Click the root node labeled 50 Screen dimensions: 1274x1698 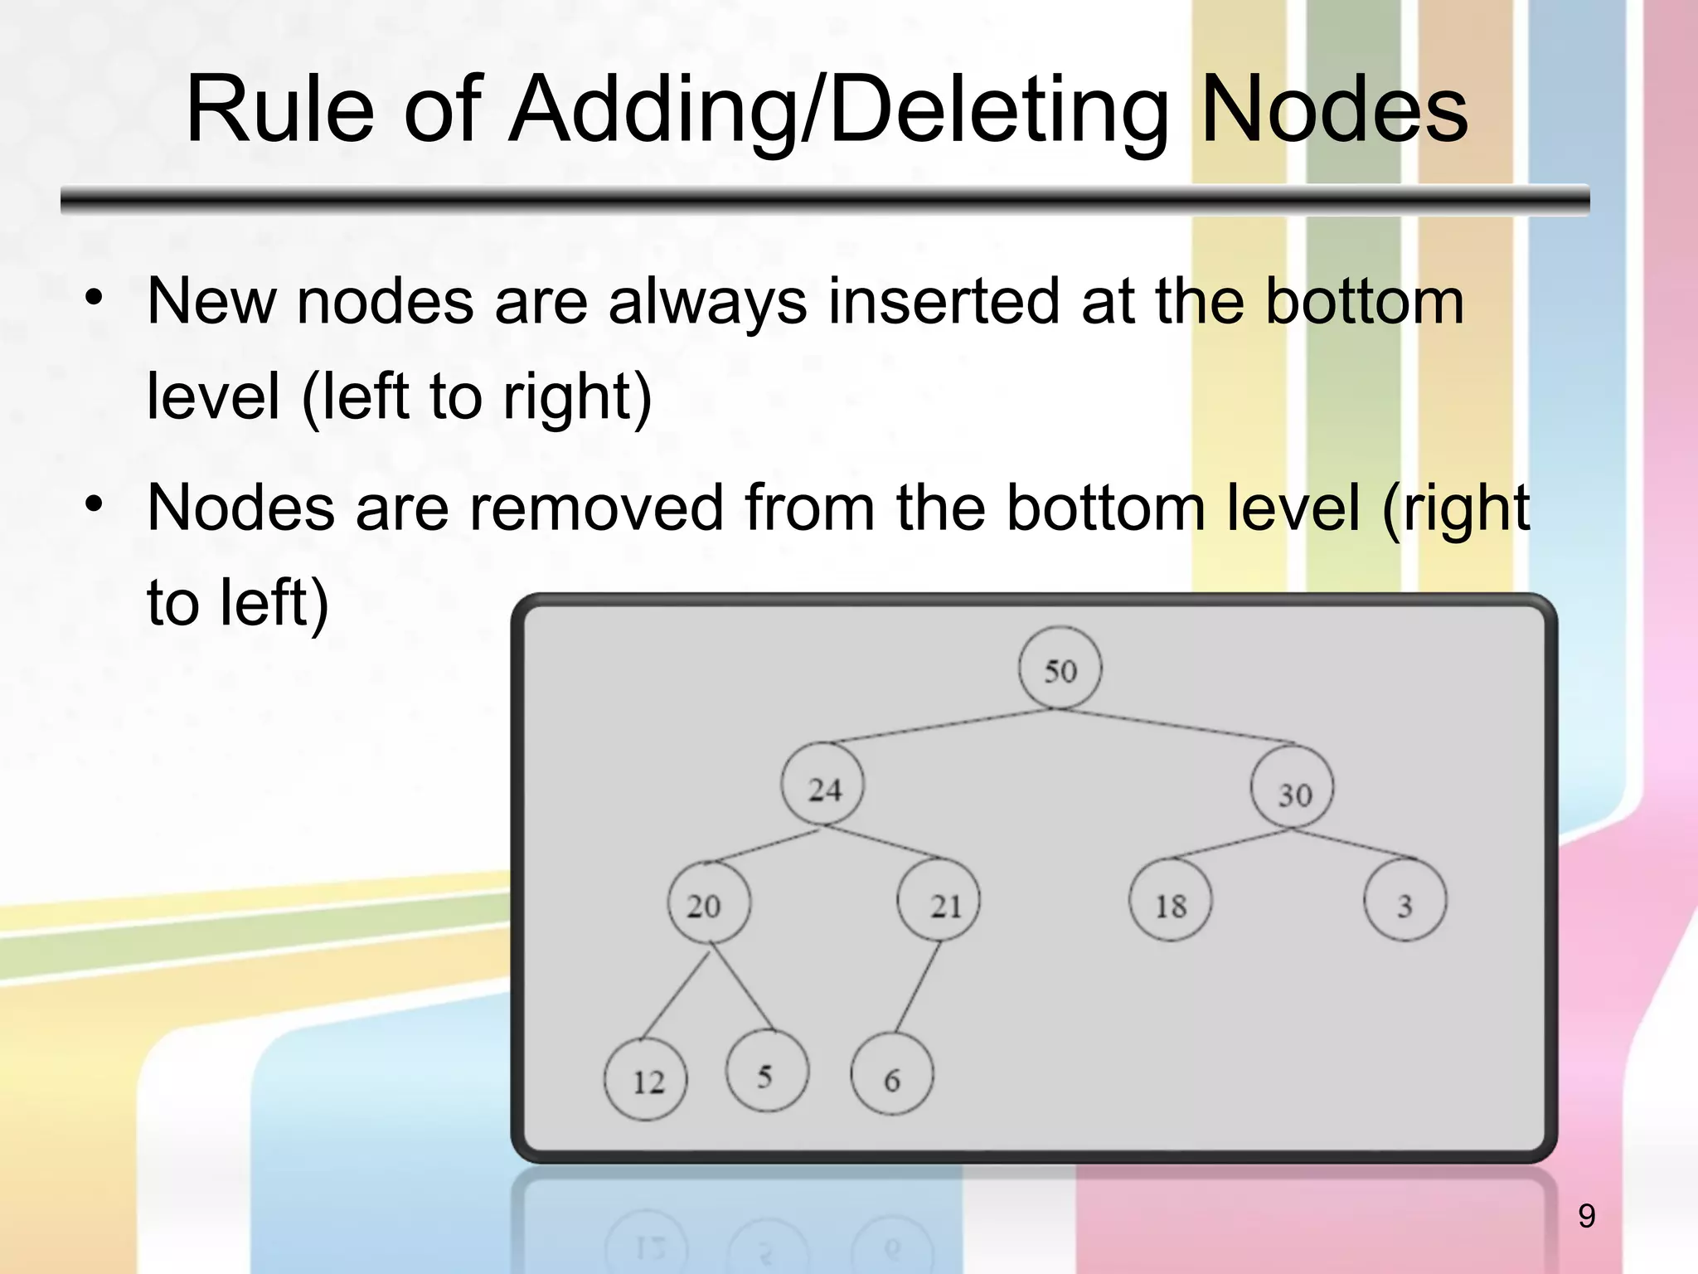point(1060,669)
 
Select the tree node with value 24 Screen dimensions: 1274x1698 point(822,785)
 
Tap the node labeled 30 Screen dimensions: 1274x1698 point(1293,789)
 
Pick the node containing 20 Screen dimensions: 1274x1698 point(709,902)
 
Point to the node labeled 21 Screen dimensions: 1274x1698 point(939,902)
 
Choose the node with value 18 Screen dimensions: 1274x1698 point(1170,902)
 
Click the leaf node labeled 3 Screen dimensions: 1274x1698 point(1404,902)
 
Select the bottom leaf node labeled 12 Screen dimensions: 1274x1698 point(646,1079)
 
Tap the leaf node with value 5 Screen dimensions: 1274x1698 point(767,1072)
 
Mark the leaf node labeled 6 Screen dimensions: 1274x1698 point(892,1076)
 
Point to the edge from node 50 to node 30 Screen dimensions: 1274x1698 point(1177,726)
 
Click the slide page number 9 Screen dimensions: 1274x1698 point(1586,1216)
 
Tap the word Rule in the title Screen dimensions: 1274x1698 point(279,109)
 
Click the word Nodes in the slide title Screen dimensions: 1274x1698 point(1333,109)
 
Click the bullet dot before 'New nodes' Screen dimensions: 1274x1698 point(94,297)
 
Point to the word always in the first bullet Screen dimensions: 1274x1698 point(707,301)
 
